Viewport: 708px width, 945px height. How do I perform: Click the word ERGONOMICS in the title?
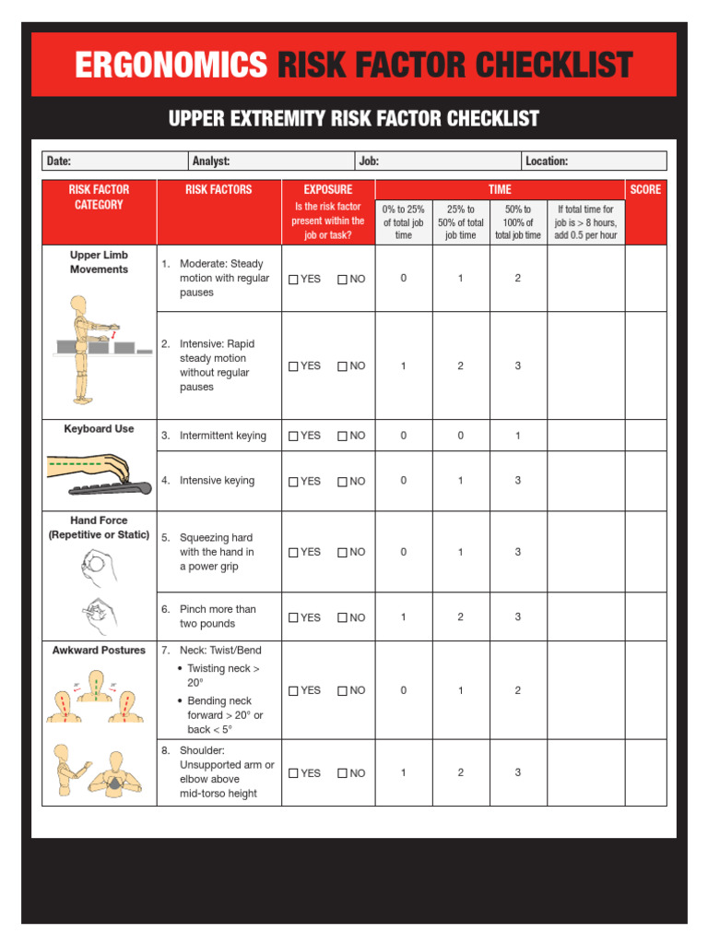tap(171, 66)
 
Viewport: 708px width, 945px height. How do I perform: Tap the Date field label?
tap(59, 161)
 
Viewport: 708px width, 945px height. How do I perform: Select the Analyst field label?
tap(211, 161)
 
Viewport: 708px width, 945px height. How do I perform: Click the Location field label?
tap(547, 161)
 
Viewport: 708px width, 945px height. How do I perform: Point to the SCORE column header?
tap(645, 189)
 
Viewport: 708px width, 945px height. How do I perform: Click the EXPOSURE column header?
tap(328, 189)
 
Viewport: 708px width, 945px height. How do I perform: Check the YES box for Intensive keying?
tap(294, 482)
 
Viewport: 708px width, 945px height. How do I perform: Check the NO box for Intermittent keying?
tap(342, 437)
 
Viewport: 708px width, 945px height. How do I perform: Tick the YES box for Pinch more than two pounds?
tap(294, 618)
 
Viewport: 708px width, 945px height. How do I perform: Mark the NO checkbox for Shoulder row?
tap(342, 774)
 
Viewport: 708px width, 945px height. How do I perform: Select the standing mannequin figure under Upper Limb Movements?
tap(82, 349)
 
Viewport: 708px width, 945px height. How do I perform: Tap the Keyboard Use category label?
tap(99, 429)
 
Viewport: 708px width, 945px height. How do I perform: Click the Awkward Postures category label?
tap(99, 651)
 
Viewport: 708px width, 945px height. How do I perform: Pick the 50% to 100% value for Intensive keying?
tap(518, 481)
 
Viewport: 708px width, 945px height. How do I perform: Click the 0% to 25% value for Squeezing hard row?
tap(403, 552)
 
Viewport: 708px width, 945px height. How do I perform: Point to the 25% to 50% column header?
tap(461, 222)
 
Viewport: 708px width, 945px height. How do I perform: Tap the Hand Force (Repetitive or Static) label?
tap(99, 528)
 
